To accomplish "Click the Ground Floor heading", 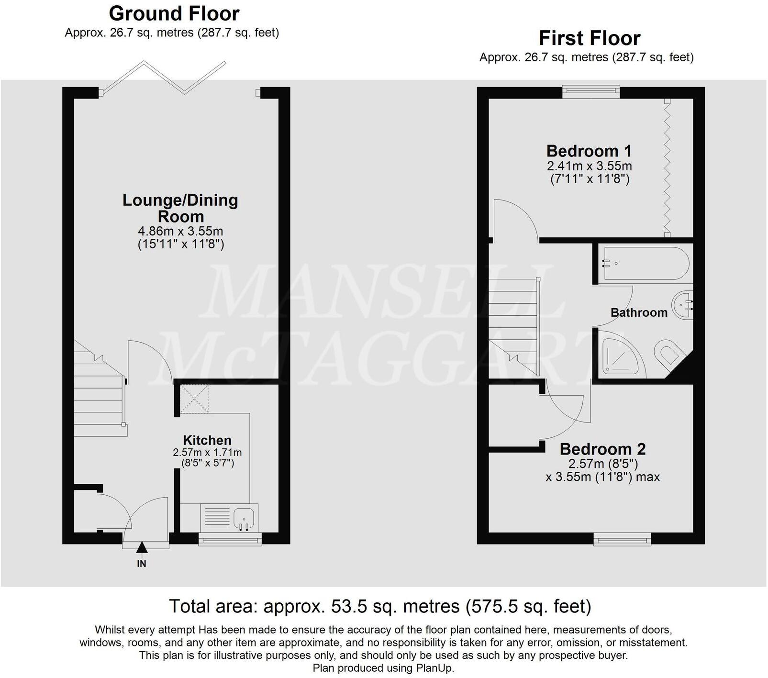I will tap(174, 13).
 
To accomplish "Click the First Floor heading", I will tap(590, 38).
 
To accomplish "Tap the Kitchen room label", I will tap(207, 440).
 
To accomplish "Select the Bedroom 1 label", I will tap(589, 151).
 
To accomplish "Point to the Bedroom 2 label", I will tap(602, 449).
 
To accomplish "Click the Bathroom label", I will tap(639, 313).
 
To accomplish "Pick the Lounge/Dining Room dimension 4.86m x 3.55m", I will tap(180, 231).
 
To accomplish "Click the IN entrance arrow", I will tap(142, 548).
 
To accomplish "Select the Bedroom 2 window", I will tap(622, 540).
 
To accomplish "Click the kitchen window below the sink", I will tap(230, 540).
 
